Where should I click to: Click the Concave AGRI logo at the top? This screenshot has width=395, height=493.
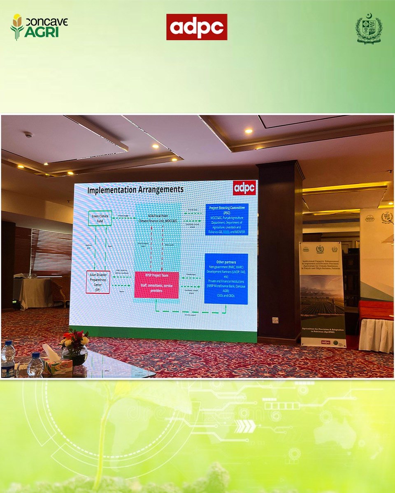coord(39,27)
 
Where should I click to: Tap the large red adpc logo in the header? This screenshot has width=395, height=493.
coord(197,27)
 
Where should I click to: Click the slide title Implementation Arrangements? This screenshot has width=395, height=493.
coord(135,189)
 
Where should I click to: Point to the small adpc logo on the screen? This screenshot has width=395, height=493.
coord(244,187)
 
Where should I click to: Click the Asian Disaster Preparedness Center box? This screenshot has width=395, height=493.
coord(98,282)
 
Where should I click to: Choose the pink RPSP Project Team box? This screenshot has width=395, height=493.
coord(156,285)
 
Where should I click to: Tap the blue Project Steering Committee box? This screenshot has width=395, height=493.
coord(227,219)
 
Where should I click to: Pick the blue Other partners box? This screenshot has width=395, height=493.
coord(226,279)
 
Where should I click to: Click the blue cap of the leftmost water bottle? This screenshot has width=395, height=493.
coord(8,344)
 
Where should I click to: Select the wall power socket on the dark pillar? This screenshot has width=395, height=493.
coord(275,320)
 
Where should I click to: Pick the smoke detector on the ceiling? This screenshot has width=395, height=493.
coord(28,134)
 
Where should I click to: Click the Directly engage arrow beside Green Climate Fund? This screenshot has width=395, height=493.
coord(124,218)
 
